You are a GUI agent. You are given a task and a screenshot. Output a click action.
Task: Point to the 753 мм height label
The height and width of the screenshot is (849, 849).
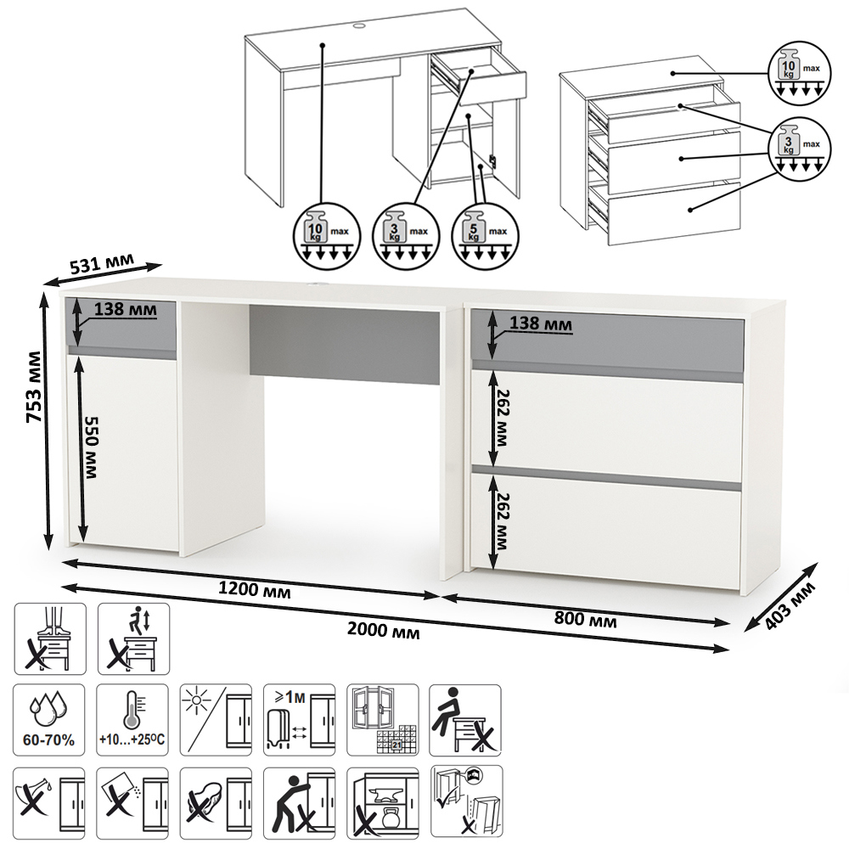pos(34,386)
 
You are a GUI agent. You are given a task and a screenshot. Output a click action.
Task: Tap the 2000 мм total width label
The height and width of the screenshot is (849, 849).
pos(384,630)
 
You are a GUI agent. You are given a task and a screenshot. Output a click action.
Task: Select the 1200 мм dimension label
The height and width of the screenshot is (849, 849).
pos(254,589)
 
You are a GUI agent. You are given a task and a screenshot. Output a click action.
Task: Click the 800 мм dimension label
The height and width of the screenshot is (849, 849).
pos(585,618)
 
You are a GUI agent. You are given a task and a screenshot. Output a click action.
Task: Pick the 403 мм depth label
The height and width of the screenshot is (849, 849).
pos(789,606)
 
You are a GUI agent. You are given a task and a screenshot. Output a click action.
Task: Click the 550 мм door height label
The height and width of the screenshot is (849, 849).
pos(91,447)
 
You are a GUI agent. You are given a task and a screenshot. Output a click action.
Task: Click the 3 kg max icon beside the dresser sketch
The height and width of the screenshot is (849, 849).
pos(799,147)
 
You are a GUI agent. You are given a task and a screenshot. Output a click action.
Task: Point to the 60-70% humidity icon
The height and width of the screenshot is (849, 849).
pos(48,720)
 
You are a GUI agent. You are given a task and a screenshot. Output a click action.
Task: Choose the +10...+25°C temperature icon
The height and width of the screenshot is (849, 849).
pos(132,720)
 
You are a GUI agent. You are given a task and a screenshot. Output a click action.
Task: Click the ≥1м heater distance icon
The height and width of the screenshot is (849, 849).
pos(300,720)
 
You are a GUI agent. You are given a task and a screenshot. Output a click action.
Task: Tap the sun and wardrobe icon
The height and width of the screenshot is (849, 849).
pos(216,720)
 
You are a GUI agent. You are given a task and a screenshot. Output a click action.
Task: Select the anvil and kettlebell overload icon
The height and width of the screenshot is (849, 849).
pos(383,802)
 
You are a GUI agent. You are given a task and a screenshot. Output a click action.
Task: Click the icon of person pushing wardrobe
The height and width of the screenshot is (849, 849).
pos(300,802)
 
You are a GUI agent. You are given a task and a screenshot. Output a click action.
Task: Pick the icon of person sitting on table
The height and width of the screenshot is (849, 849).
pos(465,720)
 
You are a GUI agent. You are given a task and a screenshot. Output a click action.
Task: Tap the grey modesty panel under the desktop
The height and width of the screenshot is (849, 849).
pos(345,345)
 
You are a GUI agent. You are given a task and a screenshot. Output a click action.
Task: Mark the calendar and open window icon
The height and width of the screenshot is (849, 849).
pos(383,720)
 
